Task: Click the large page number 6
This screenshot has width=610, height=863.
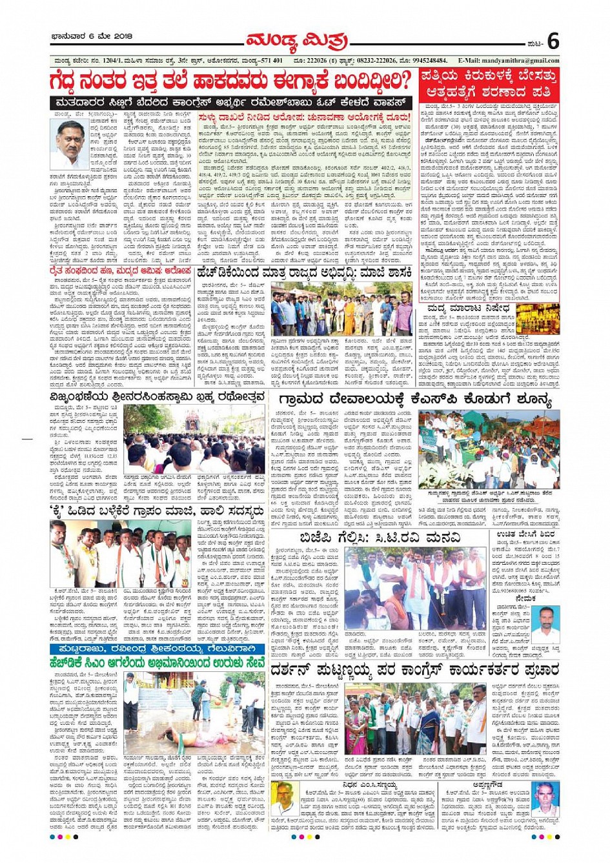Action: (553, 41)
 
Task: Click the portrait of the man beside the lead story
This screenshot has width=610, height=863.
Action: (68, 145)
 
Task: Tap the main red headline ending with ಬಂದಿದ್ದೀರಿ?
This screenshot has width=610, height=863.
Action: (230, 82)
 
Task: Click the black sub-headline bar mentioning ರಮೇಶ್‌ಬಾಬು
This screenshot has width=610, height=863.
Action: (230, 103)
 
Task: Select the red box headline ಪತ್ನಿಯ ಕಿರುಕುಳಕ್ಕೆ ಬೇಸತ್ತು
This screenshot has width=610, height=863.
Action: (488, 76)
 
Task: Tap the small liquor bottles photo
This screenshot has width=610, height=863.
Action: (538, 319)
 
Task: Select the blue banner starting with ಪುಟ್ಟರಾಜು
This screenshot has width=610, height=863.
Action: (158, 648)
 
